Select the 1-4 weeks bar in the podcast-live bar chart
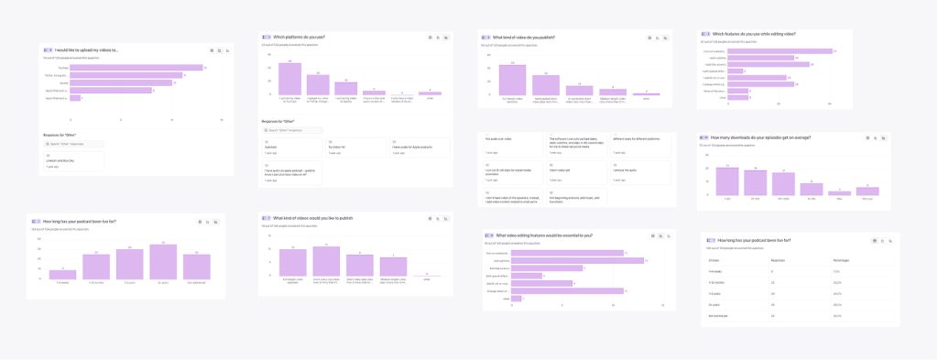pyautogui.click(x=62, y=274)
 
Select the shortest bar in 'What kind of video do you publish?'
pyautogui.click(x=646, y=93)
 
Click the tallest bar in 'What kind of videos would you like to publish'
pyautogui.click(x=326, y=262)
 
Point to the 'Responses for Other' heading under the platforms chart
pyautogui.click(x=284, y=121)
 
